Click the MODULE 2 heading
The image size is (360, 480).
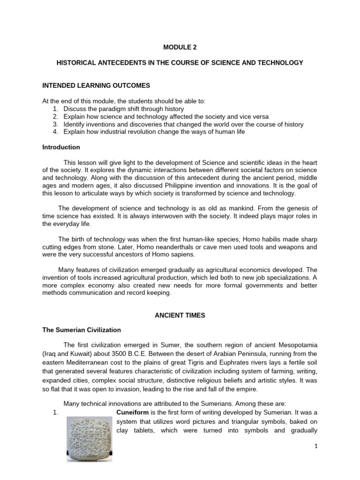pyautogui.click(x=180, y=47)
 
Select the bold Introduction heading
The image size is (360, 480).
pyautogui.click(x=61, y=147)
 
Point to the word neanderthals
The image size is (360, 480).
pyautogui.click(x=132, y=247)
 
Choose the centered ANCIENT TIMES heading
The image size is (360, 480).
pyautogui.click(x=180, y=316)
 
